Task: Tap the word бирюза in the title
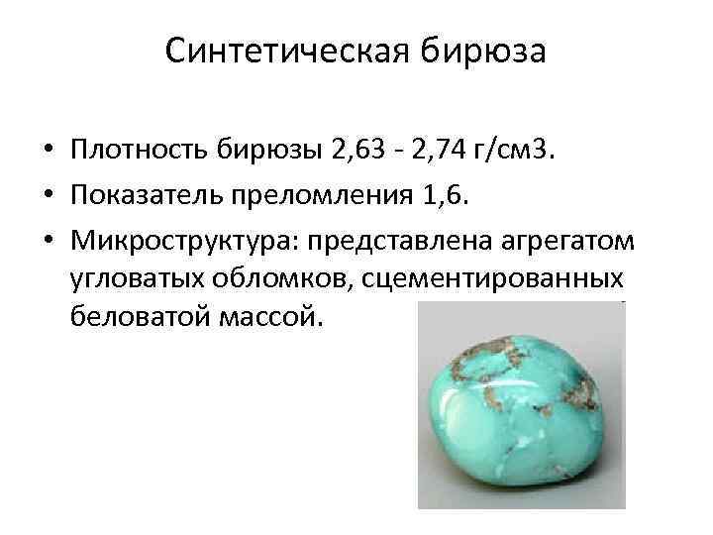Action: tap(483, 50)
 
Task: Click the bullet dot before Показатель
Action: tap(48, 196)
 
